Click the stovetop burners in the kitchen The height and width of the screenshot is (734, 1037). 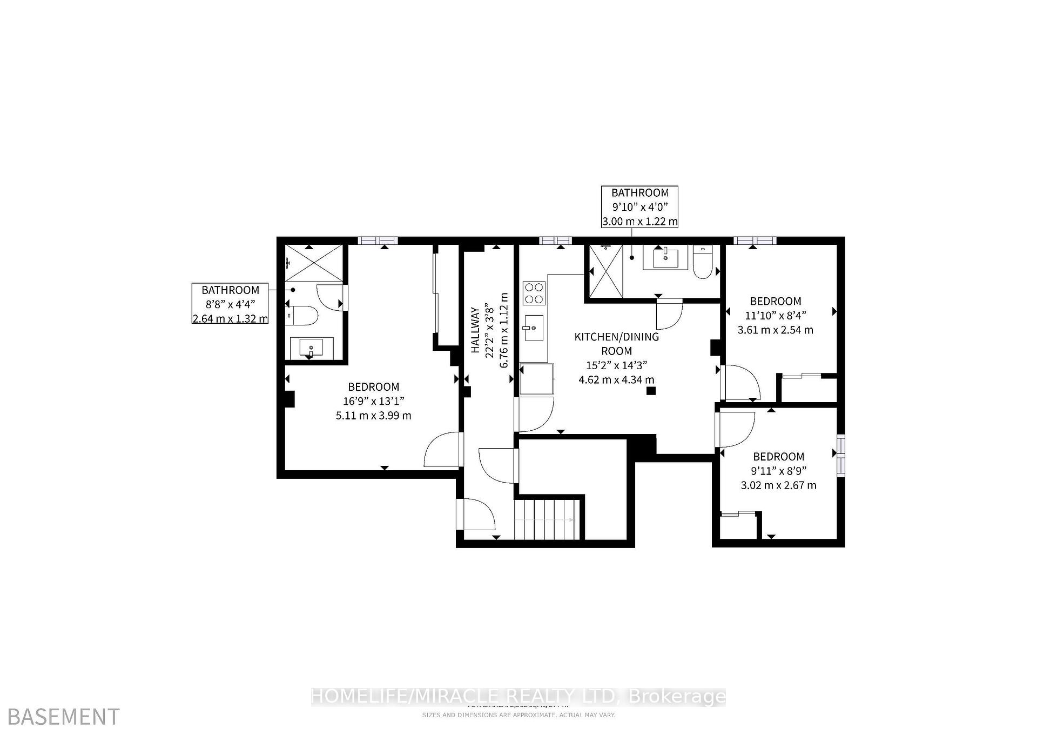tap(534, 293)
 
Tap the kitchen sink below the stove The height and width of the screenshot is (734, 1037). tap(533, 328)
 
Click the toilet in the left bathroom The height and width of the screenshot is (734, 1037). tap(303, 315)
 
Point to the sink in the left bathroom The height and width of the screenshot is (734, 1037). tap(311, 347)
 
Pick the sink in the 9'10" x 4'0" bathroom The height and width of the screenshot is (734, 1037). tap(665, 257)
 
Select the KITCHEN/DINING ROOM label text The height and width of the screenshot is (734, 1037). tap(616, 344)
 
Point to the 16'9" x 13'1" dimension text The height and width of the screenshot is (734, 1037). tap(373, 401)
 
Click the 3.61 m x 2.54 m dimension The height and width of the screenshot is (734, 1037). tap(775, 330)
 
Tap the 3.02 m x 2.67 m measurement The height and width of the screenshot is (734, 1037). tap(778, 485)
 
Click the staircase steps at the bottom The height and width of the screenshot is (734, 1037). tap(547, 519)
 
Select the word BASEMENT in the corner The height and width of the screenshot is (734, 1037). tap(64, 717)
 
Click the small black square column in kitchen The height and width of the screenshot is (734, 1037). tap(651, 391)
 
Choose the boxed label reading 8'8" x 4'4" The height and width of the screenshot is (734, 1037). tap(230, 304)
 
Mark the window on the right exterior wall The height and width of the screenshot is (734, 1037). tap(841, 455)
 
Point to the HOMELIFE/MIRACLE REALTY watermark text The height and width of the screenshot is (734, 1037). tap(518, 696)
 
